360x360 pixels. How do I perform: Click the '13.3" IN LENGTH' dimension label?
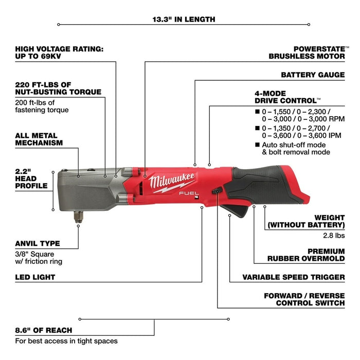(184, 20)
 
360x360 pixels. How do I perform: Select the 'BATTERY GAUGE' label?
(313, 75)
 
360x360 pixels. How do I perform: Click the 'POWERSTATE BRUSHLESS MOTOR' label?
(307, 52)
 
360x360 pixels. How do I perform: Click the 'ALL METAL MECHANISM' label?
(39, 139)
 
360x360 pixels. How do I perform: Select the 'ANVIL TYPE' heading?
(38, 243)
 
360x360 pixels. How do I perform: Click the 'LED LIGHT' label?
(35, 277)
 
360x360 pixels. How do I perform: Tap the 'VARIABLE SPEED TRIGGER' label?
(294, 277)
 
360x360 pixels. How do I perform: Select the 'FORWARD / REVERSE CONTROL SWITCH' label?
(304, 299)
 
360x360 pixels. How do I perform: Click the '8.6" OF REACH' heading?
(44, 330)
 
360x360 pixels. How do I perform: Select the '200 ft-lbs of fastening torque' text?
(42, 106)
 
